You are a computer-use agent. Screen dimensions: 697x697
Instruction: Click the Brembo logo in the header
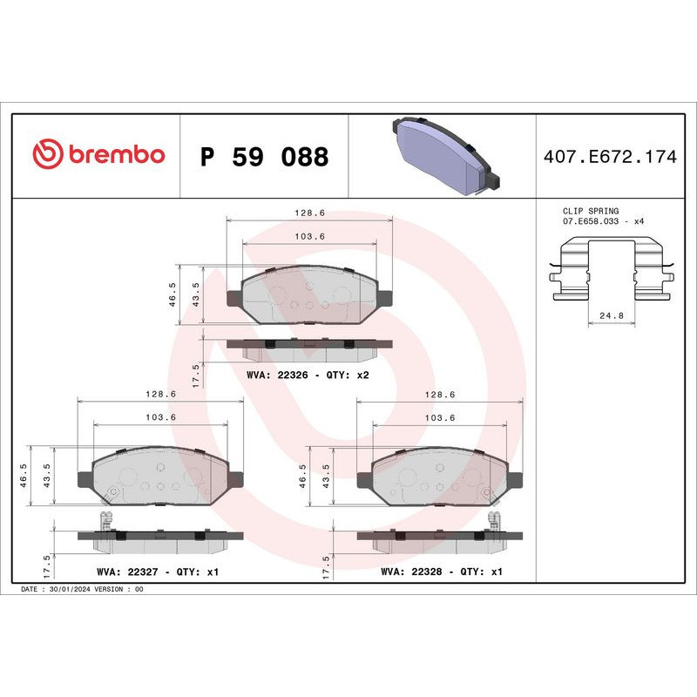[98, 155]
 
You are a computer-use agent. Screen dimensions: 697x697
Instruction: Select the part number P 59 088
[264, 157]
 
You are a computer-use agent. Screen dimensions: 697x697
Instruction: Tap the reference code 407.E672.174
[609, 157]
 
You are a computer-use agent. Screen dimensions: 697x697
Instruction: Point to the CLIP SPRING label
[591, 211]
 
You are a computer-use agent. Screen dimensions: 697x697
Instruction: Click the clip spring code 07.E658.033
[596, 222]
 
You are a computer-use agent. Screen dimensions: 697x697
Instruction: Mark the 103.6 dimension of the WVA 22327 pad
[161, 417]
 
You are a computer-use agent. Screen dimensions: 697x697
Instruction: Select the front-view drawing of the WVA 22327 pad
[159, 477]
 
